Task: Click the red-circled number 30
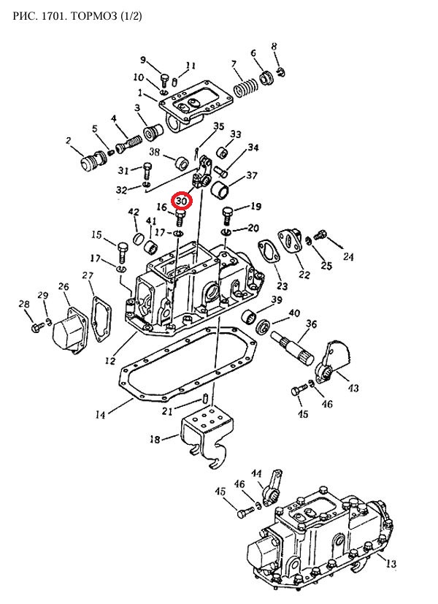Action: [x=182, y=200]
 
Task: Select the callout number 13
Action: [x=391, y=564]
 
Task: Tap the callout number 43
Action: [x=353, y=388]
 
